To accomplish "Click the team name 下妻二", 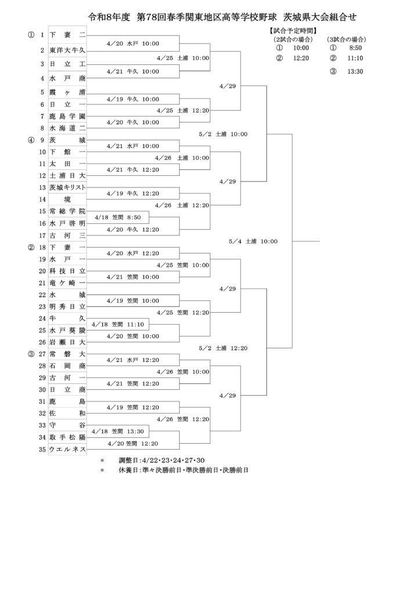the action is point(67,35).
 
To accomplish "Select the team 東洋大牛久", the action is point(67,50).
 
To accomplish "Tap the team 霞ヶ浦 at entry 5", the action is point(67,92).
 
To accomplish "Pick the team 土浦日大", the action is point(67,175).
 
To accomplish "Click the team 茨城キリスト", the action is point(67,187).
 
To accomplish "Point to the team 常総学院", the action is point(67,211).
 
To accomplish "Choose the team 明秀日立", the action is point(67,306).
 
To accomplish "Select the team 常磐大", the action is point(67,354).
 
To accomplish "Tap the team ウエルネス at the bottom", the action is point(67,450).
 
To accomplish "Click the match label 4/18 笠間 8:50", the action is point(117,218).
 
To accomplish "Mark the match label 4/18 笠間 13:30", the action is point(117,432).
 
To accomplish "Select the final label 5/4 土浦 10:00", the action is point(253,241).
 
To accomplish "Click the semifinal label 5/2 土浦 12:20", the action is point(223,348).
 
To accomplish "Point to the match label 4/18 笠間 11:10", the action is point(117,324).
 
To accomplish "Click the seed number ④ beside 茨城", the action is point(31,140).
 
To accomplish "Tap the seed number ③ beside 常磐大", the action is point(31,354).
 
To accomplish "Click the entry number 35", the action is point(42,450).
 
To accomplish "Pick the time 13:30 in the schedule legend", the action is point(355,71).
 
